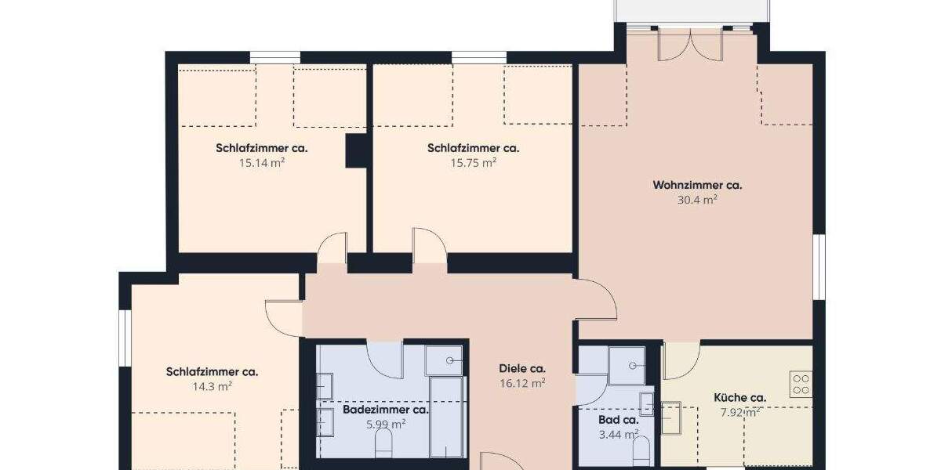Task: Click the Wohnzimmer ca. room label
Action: (697, 186)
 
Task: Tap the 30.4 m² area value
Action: (697, 200)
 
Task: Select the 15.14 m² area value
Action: (261, 163)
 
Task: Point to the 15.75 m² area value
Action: (473, 163)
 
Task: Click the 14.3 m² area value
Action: (212, 386)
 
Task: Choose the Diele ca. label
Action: (522, 369)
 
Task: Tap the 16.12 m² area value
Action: (522, 383)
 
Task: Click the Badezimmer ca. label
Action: (386, 410)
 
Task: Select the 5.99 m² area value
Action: (386, 425)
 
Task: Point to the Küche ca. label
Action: (739, 398)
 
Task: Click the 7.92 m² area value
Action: (739, 413)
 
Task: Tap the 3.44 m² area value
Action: (619, 433)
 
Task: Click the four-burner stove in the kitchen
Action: (801, 383)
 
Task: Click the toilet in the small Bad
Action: (641, 450)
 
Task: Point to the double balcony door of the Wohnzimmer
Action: (688, 43)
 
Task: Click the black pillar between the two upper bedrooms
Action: (357, 150)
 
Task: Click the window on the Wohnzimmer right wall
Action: (819, 266)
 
